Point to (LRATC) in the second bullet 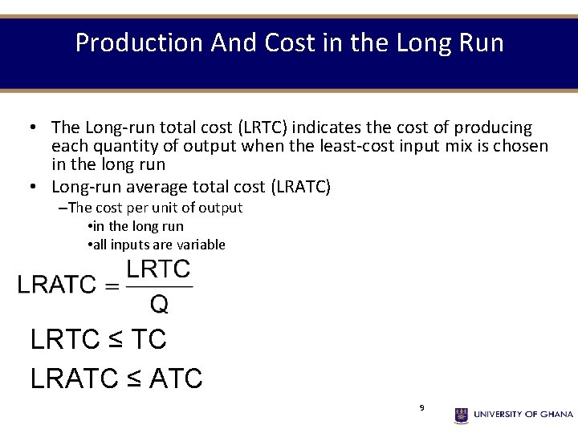(301, 187)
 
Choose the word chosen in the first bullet (519, 146)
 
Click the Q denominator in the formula (159, 303)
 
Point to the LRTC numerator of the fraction (159, 269)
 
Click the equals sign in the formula (111, 285)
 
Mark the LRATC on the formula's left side (57, 285)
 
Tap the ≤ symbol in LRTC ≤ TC (115, 340)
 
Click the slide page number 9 (421, 408)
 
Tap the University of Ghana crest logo (462, 415)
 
